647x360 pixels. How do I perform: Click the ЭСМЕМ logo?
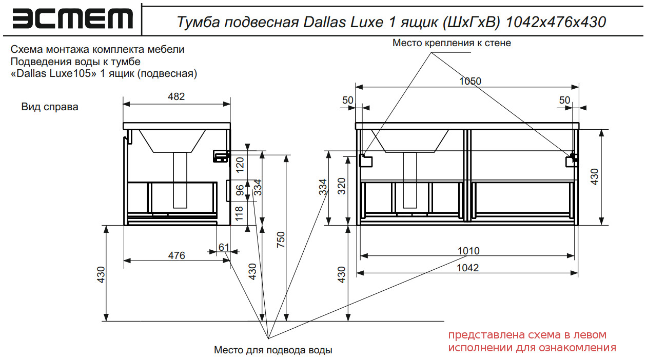pyautogui.click(x=72, y=19)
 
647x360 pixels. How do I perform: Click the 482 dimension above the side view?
pyautogui.click(x=177, y=96)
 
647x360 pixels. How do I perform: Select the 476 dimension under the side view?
pyautogui.click(x=177, y=255)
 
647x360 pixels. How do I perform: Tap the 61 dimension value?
pyautogui.click(x=224, y=247)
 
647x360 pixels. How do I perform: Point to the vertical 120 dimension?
pyautogui.click(x=240, y=165)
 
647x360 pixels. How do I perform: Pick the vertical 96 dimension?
pyautogui.click(x=240, y=191)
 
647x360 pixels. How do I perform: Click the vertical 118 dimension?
pyautogui.click(x=240, y=213)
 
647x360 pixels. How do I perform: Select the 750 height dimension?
pyautogui.click(x=281, y=239)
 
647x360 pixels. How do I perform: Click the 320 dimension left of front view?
pyautogui.click(x=342, y=188)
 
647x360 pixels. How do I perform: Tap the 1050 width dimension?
pyautogui.click(x=470, y=81)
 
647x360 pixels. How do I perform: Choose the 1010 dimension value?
pyautogui.click(x=468, y=251)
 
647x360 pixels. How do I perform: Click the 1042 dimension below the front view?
pyautogui.click(x=467, y=267)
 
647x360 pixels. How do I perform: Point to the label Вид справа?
pyautogui.click(x=50, y=107)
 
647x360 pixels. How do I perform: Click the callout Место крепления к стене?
pyautogui.click(x=452, y=43)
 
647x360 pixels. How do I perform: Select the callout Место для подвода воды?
pyautogui.click(x=273, y=350)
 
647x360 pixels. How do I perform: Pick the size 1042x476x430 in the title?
pyautogui.click(x=556, y=22)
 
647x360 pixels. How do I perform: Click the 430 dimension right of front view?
pyautogui.click(x=595, y=176)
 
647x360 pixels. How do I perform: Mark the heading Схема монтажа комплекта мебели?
pyautogui.click(x=97, y=50)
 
